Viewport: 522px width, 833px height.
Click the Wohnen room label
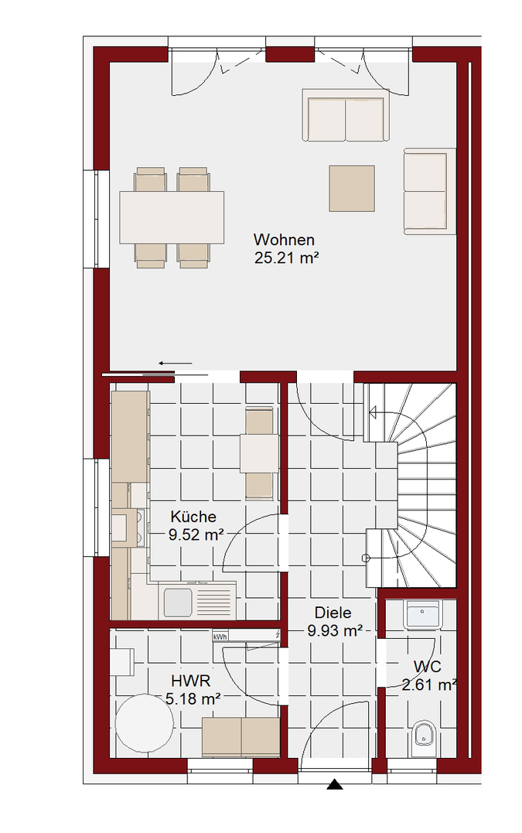pos(284,240)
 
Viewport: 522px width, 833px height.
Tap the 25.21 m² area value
pos(286,258)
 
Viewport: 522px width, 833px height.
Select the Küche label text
pos(193,517)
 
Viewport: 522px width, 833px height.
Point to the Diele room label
pos(333,613)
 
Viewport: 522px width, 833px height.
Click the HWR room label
pos(191,681)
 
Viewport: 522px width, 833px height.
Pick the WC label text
pos(428,666)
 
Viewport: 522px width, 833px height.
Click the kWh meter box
pos(220,637)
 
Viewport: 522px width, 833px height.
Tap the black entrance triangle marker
pos(335,784)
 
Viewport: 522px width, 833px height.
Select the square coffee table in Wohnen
pos(352,189)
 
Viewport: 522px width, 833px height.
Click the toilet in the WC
pos(424,738)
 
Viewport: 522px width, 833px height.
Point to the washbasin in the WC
pos(422,615)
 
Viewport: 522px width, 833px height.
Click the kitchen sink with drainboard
pos(197,602)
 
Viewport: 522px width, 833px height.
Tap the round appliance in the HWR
pos(145,723)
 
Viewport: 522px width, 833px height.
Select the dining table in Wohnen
pos(172,217)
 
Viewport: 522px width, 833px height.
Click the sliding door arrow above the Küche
pos(176,364)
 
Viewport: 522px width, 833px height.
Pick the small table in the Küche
pos(259,453)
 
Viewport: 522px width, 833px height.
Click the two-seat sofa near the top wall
pos(346,115)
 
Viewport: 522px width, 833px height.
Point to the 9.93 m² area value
pos(335,631)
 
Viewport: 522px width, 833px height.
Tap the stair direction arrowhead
pos(373,411)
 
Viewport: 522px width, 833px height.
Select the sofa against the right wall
pos(430,191)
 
